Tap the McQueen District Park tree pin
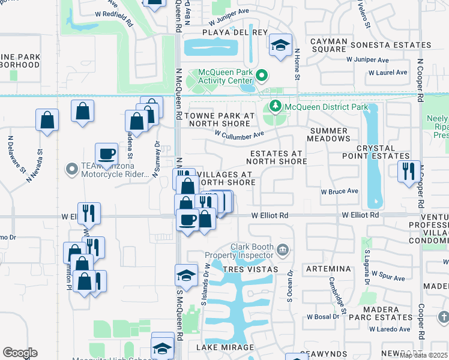coord(276,107)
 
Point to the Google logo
coord(20,353)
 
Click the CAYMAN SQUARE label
coord(328,45)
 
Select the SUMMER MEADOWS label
coord(329,134)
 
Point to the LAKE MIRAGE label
coord(225,347)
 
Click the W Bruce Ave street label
coord(339,192)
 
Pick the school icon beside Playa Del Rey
coord(280,46)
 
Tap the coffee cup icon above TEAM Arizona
coord(106,153)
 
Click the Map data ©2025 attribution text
coord(423,355)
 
